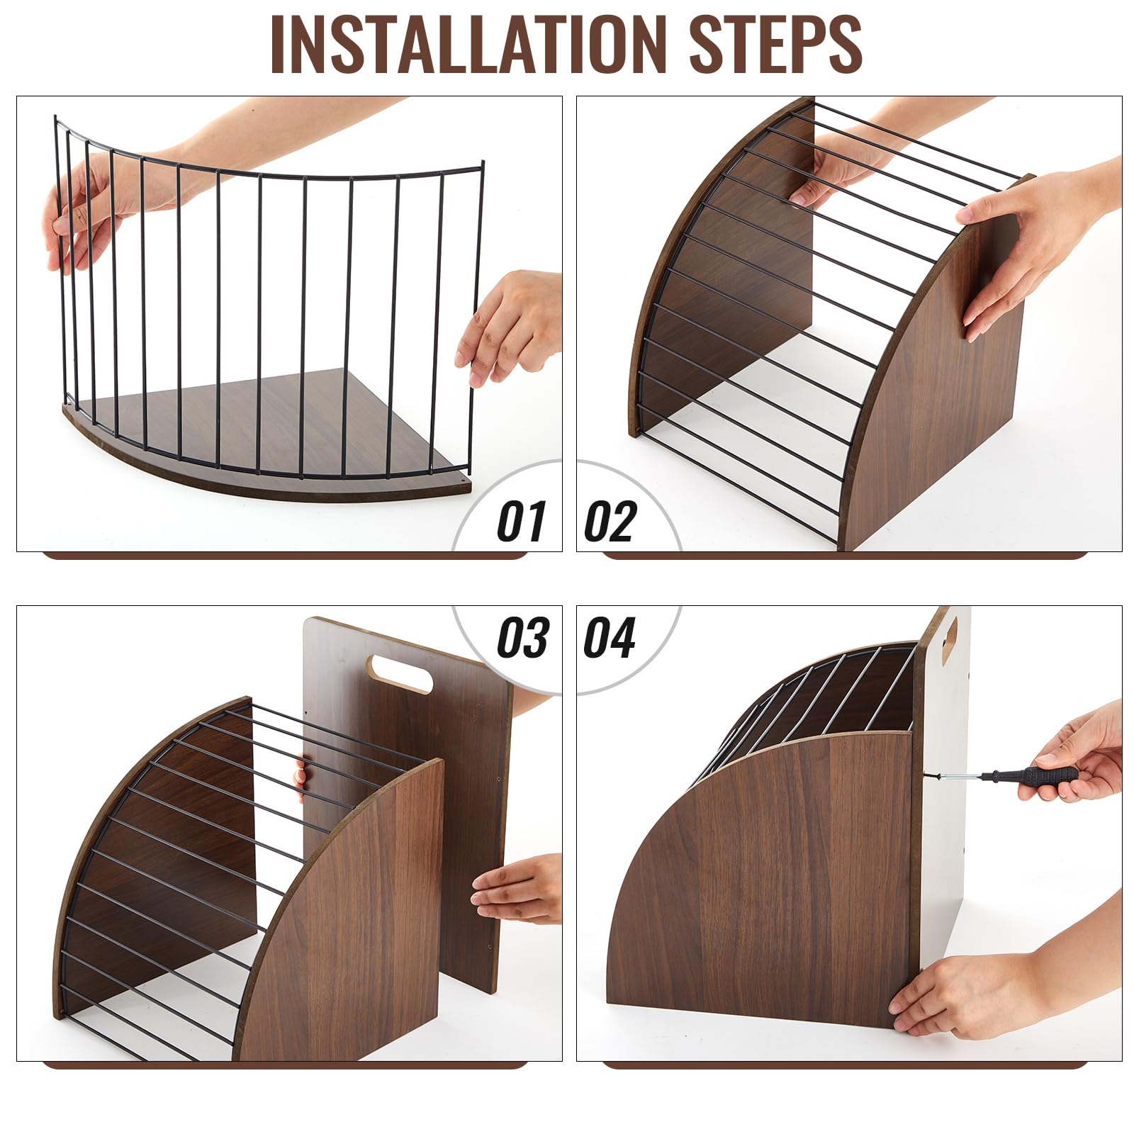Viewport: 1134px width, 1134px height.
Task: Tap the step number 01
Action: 522,521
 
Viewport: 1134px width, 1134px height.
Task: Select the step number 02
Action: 610,521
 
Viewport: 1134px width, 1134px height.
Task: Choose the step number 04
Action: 610,636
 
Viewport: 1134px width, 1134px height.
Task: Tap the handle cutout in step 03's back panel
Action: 402,673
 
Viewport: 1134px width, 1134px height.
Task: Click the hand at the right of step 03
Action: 517,889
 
